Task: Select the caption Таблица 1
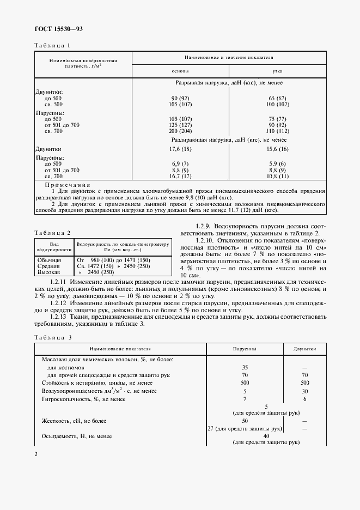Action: (x=52, y=45)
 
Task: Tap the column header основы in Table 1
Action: (x=180, y=71)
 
